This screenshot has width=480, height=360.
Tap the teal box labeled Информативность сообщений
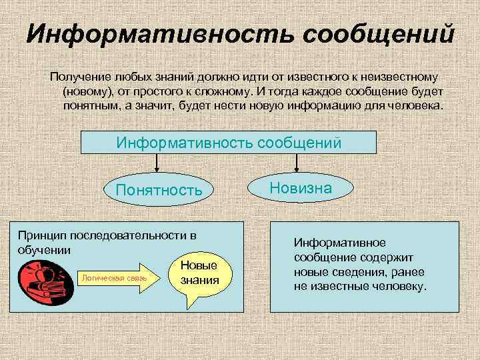tap(229, 143)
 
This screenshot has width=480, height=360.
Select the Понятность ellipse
tap(159, 191)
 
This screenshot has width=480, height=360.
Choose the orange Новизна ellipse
tap(301, 189)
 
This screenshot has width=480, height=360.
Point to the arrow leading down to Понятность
tap(157, 163)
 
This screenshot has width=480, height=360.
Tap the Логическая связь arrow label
tap(115, 277)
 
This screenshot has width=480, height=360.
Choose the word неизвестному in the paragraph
tap(399, 79)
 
